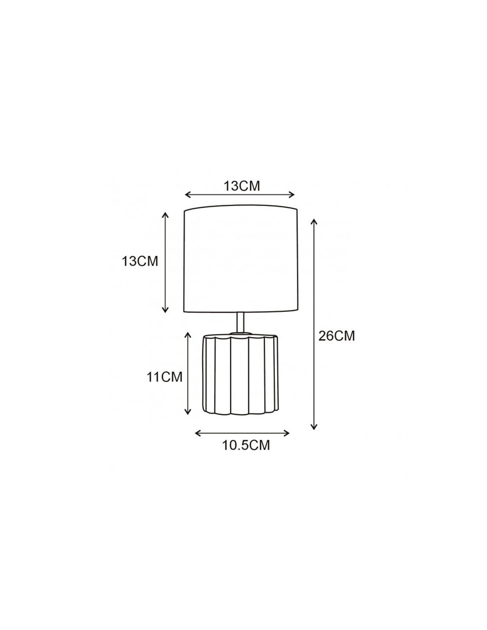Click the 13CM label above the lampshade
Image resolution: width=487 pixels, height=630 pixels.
(x=242, y=186)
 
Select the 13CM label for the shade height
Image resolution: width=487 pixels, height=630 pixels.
(x=140, y=261)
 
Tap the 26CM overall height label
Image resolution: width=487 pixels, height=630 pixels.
(x=336, y=336)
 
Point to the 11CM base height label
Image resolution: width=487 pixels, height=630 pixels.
(x=165, y=377)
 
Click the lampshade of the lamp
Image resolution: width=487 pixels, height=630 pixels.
(x=241, y=259)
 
